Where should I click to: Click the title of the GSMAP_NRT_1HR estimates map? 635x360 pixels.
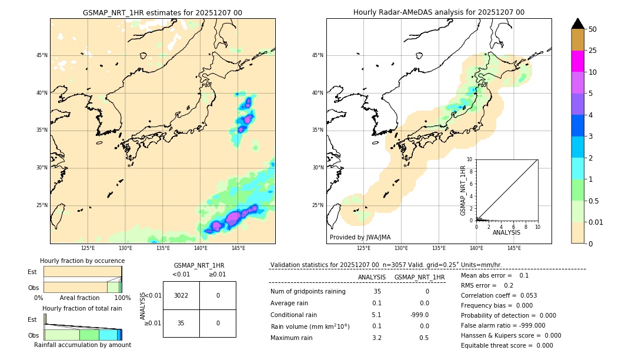click(x=162, y=12)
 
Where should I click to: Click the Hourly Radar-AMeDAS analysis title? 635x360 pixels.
click(x=439, y=12)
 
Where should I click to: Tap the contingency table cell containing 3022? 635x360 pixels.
click(x=181, y=295)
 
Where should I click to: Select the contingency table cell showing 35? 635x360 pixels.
click(x=181, y=323)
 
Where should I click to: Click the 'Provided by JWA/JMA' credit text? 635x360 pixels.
click(x=360, y=237)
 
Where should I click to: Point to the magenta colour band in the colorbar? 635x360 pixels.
click(x=578, y=61)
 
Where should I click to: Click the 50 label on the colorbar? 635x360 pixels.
click(x=593, y=29)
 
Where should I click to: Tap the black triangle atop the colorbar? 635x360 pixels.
click(x=578, y=24)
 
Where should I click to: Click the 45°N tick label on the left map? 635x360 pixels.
click(x=42, y=55)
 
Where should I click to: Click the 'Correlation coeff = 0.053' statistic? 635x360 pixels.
click(x=499, y=295)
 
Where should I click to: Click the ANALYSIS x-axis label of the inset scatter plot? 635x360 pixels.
click(x=506, y=233)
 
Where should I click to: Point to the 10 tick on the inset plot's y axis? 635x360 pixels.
click(x=469, y=159)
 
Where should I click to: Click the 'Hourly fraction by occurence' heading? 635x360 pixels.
click(x=82, y=261)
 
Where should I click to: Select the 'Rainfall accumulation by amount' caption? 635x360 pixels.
click(x=82, y=345)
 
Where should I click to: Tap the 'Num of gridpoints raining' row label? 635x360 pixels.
click(x=308, y=292)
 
